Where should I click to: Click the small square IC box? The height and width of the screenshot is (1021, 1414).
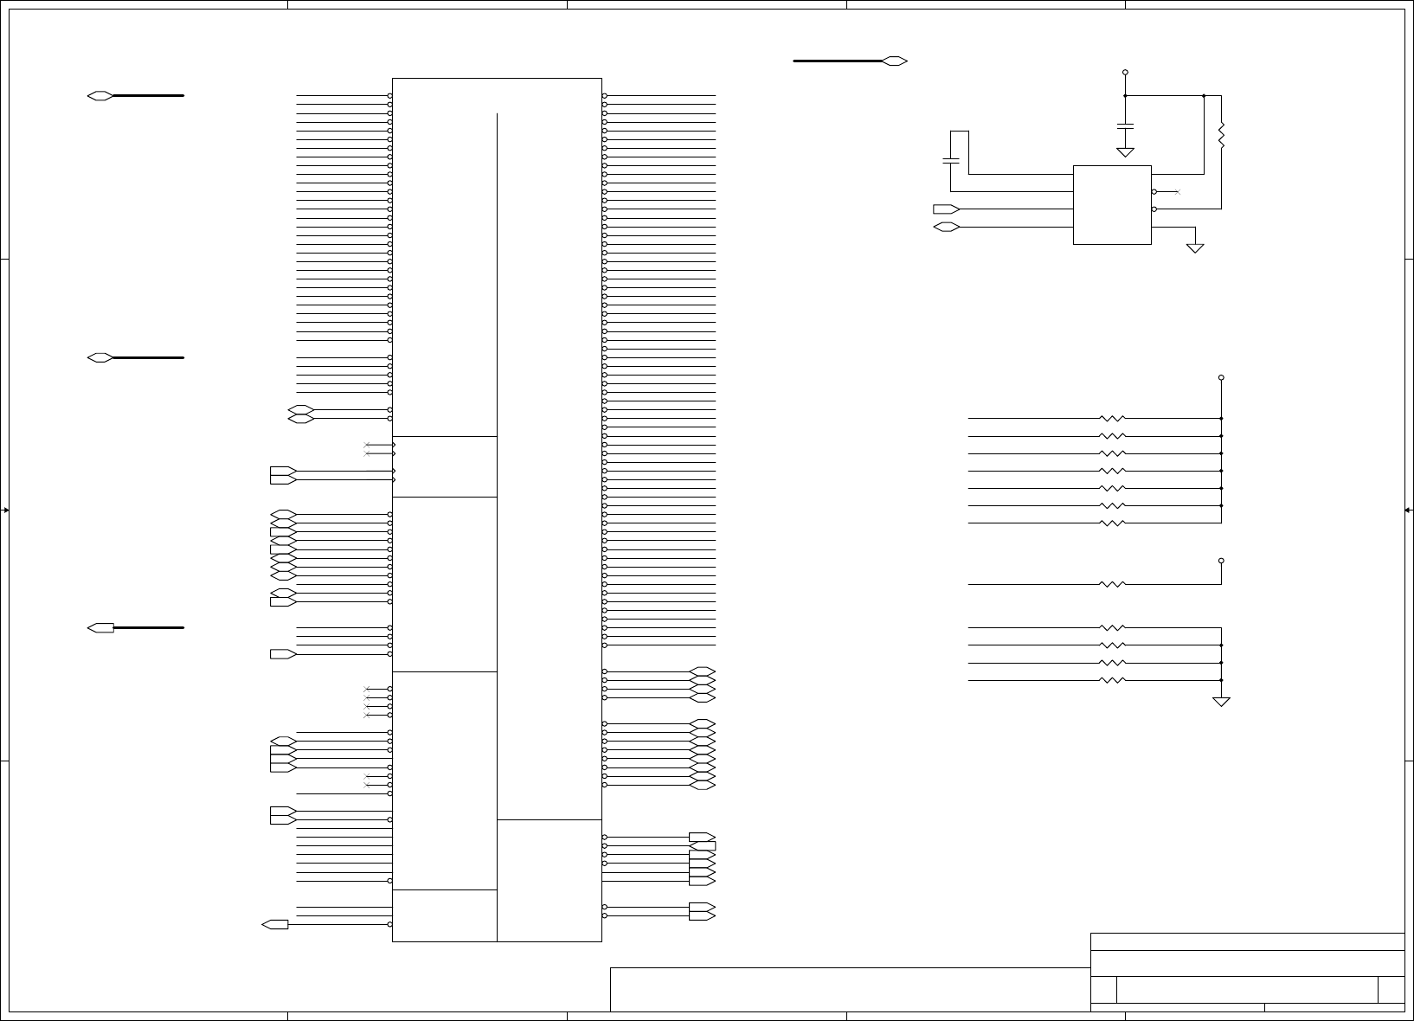[x=1112, y=204]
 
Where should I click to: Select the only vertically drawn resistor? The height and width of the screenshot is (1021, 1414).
[x=1221, y=136]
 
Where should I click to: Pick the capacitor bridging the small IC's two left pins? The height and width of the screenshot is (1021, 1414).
[x=950, y=161]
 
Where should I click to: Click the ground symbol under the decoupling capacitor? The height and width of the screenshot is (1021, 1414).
[x=1125, y=152]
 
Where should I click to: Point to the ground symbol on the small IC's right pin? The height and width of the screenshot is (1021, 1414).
[x=1195, y=247]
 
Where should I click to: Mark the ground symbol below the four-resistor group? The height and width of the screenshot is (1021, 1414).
[x=1221, y=701]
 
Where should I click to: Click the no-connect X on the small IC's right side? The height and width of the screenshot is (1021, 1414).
[x=1178, y=191]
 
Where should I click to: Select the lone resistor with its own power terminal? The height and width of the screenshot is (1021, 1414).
[x=1112, y=584]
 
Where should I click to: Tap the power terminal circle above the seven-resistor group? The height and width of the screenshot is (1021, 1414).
[x=1221, y=377]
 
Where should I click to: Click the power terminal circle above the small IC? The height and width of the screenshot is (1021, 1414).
[x=1125, y=73]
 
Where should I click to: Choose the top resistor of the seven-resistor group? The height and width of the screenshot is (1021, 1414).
[x=1112, y=418]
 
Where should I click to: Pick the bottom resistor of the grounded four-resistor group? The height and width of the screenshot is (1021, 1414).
[x=1112, y=680]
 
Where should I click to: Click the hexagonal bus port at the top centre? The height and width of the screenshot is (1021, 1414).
[x=895, y=61]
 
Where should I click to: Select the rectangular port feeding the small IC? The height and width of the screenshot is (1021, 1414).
[x=946, y=209]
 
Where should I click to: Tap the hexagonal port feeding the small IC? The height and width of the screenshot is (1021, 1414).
[x=946, y=227]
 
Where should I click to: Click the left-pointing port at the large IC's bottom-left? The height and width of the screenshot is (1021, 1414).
[x=275, y=924]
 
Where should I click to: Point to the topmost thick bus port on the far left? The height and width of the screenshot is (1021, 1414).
[x=100, y=95]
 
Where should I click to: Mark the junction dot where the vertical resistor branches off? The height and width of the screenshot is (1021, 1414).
[x=1204, y=95]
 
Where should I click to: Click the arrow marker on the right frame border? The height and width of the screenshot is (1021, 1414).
[x=1408, y=510]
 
